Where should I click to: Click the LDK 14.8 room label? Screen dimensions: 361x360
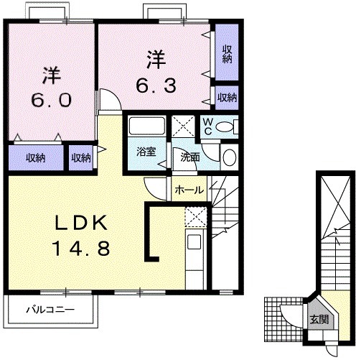tap(81, 236)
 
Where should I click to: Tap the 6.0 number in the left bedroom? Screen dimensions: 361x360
tap(52, 100)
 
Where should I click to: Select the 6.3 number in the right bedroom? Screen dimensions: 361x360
tap(156, 86)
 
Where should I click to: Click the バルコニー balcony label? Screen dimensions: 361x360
tap(50, 310)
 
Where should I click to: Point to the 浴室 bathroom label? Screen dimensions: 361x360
tap(146, 152)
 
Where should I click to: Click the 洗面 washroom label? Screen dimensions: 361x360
tap(190, 157)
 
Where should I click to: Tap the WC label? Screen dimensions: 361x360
tap(208, 126)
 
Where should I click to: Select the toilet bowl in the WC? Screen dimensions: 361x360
tap(225, 126)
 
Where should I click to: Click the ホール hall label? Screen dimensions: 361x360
tap(189, 190)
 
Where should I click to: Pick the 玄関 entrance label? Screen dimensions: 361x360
tap(319, 319)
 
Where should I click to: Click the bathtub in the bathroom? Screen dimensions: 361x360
tap(147, 126)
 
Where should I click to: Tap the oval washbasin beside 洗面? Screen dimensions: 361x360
tap(230, 157)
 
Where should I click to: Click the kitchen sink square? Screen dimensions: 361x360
tap(194, 241)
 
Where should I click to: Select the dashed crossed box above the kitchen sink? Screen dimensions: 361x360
tap(196, 217)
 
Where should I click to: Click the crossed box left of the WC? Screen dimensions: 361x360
tap(183, 126)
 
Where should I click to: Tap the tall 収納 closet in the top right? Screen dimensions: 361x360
tap(227, 52)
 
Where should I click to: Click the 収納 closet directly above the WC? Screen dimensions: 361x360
tap(227, 98)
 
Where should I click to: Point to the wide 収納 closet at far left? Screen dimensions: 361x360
tap(36, 158)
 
